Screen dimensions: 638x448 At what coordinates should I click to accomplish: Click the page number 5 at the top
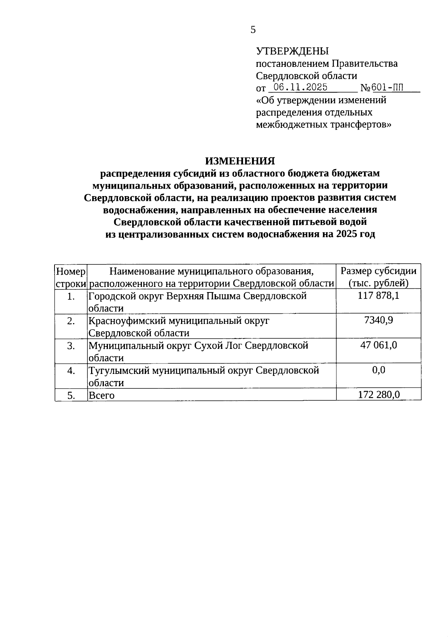tap(253, 30)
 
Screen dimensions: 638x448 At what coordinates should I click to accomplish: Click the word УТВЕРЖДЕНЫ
tap(292, 51)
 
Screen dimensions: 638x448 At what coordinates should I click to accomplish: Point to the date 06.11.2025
tap(301, 87)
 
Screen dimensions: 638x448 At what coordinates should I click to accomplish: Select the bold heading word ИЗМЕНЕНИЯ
tap(240, 161)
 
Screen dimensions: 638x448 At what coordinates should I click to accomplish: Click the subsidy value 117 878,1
tap(379, 296)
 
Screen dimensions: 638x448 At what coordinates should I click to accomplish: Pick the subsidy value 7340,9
tap(379, 320)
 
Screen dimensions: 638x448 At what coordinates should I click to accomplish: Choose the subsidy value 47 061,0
tap(379, 345)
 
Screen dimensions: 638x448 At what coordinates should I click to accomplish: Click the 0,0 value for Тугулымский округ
tap(379, 370)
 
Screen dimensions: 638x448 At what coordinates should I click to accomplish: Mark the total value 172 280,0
tap(379, 394)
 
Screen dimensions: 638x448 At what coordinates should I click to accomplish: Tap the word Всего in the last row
tap(102, 395)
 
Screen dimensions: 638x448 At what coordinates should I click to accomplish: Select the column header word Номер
tap(71, 271)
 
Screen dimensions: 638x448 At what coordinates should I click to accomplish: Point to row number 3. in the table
tap(71, 346)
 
